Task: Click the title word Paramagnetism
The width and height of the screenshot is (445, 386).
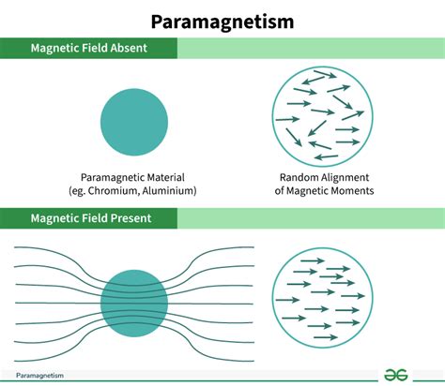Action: [222, 22]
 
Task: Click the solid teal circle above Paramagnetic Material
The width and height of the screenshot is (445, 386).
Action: [134, 122]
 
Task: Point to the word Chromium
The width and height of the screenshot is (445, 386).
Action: [112, 190]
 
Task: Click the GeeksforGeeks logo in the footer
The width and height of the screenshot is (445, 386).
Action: [396, 375]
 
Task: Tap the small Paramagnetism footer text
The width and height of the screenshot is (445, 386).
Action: [39, 376]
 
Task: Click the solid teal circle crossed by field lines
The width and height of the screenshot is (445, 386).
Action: [134, 304]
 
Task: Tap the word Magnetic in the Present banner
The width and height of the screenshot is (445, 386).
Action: [54, 218]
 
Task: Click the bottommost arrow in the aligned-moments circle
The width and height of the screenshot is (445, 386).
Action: [326, 337]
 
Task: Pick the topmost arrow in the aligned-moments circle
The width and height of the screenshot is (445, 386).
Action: [313, 260]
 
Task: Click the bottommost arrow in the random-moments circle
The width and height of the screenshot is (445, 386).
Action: [326, 156]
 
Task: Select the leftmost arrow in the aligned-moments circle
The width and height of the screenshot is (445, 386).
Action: [287, 300]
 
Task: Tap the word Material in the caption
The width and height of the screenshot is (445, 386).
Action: [166, 177]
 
